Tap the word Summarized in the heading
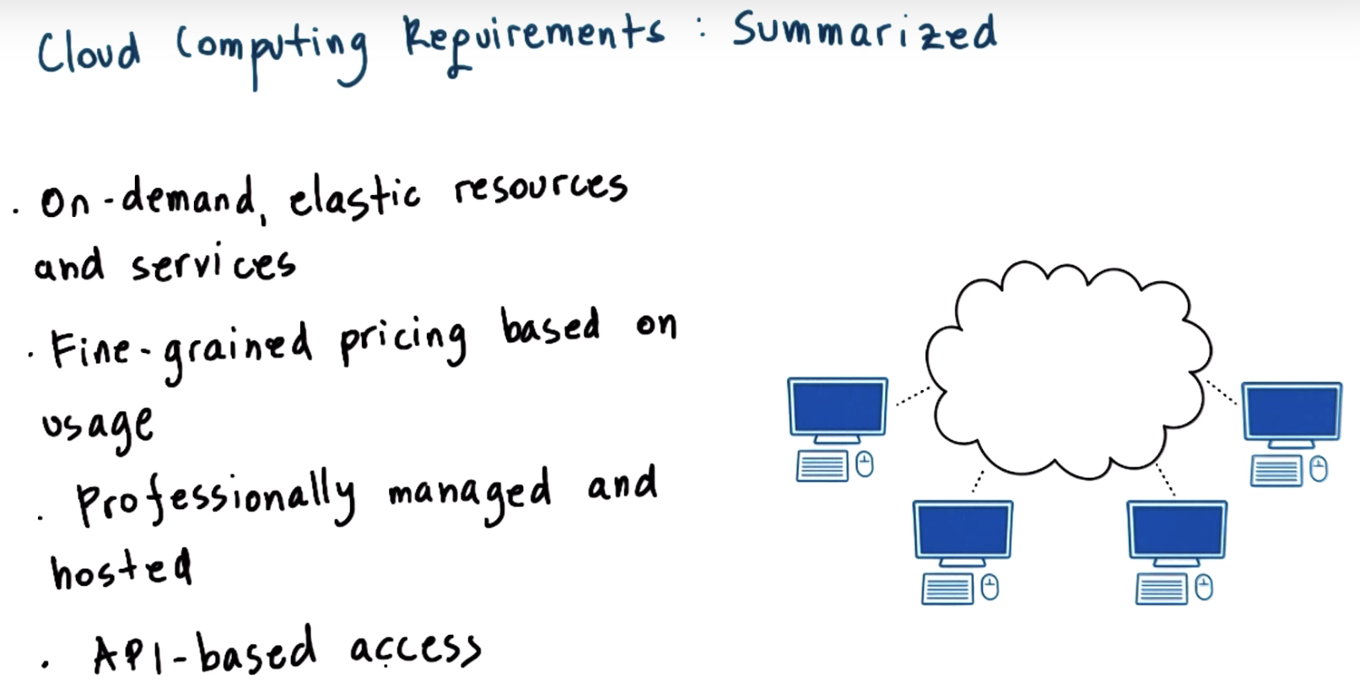pos(865,34)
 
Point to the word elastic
pos(354,199)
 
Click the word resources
pos(541,187)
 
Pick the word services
pos(213,265)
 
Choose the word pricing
pos(403,342)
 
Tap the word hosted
pos(121,568)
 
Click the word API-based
pos(203,653)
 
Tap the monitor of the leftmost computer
pos(837,407)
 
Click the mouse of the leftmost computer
pos(864,464)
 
